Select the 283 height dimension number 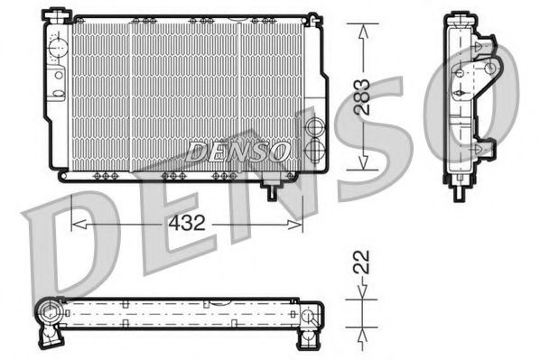(x=362, y=97)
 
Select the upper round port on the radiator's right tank (x=314, y=126)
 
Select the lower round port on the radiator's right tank (x=314, y=144)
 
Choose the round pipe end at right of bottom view (x=309, y=316)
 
